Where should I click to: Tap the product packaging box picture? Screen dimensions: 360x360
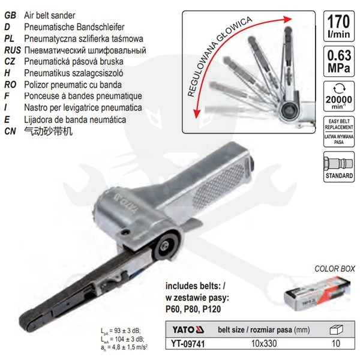click(x=315, y=297)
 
